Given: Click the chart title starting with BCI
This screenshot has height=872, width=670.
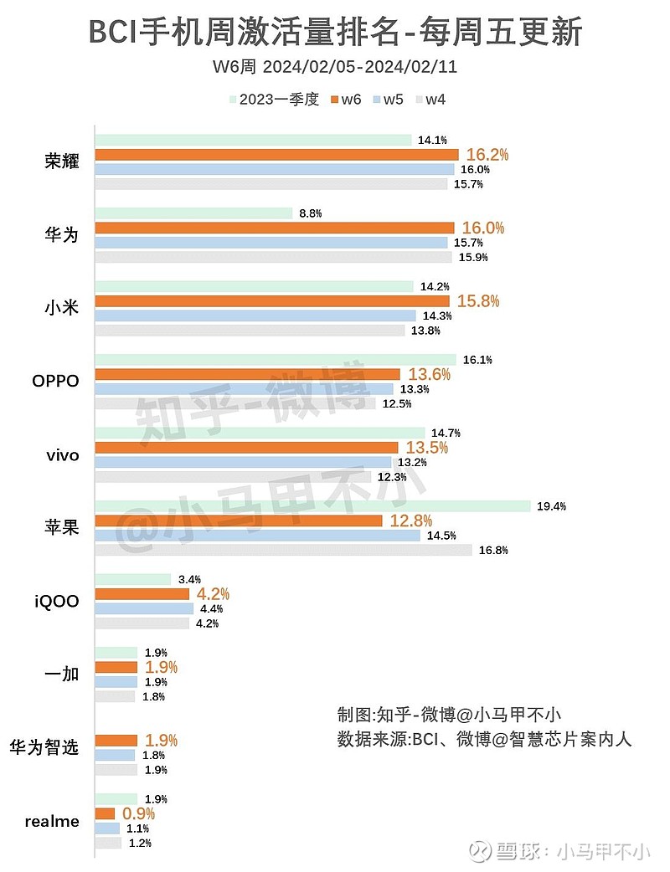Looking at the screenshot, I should (335, 33).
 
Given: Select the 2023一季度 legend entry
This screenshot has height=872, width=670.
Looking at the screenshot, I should (275, 100).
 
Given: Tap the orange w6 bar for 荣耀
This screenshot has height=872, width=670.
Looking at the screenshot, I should (276, 155).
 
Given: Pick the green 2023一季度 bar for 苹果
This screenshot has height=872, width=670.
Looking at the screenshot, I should (312, 506).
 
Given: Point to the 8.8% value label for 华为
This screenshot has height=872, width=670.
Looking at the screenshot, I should (310, 213).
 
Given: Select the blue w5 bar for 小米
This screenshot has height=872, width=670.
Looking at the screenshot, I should (255, 315).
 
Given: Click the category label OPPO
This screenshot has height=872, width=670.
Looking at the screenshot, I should (55, 382).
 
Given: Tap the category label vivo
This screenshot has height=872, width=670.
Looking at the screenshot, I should (63, 455).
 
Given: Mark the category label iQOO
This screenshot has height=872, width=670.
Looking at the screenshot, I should (57, 601).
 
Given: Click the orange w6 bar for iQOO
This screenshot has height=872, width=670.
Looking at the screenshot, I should (142, 594).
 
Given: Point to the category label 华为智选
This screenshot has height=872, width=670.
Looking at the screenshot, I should (44, 747).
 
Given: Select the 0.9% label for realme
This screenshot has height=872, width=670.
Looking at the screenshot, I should (139, 813).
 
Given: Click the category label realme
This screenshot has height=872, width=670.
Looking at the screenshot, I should (52, 821).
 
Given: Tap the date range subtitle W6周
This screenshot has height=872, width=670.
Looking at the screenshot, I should (335, 66).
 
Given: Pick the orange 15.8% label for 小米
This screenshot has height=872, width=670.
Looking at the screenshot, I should (478, 301).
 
